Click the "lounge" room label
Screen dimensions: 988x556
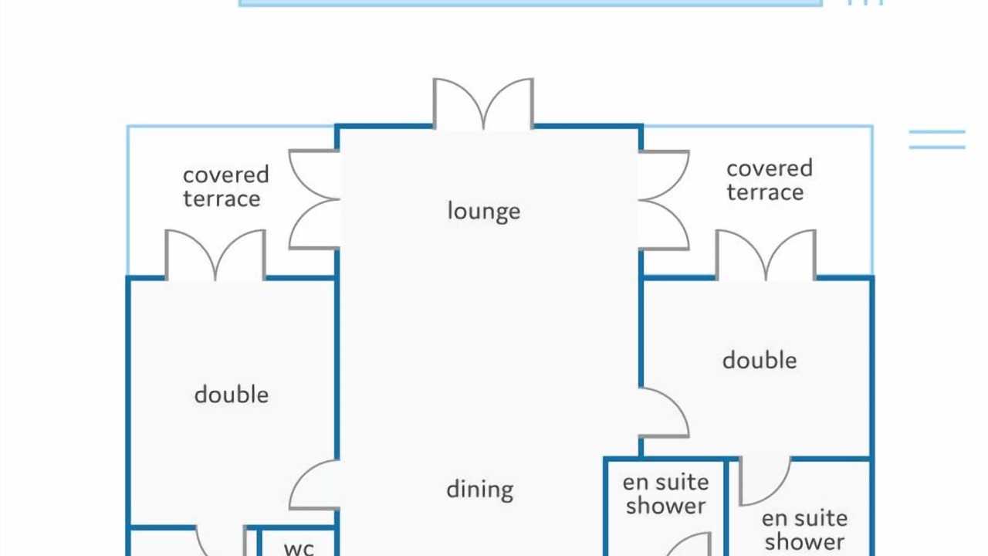pyautogui.click(x=484, y=211)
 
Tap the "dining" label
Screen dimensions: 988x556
pyautogui.click(x=480, y=490)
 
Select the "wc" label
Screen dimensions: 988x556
pyautogui.click(x=299, y=548)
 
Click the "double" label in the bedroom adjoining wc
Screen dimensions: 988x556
pyautogui.click(x=231, y=395)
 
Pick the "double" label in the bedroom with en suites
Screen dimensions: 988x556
pyautogui.click(x=760, y=361)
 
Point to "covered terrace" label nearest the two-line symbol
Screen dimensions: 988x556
pyautogui.click(x=770, y=181)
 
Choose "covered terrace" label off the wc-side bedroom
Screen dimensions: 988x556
pyautogui.click(x=226, y=187)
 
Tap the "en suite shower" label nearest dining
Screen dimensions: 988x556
pyautogui.click(x=665, y=495)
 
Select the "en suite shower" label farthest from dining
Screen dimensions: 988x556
pyautogui.click(x=804, y=531)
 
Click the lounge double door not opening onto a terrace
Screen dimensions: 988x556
pyautogui.click(x=483, y=104)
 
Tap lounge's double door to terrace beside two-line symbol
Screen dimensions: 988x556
pyautogui.click(x=664, y=200)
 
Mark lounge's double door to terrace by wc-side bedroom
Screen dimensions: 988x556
pyautogui.click(x=314, y=199)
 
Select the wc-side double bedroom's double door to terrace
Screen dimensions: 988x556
pyautogui.click(x=215, y=255)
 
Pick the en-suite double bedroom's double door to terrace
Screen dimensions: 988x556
pyautogui.click(x=766, y=255)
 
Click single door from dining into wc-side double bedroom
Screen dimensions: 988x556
pyautogui.click(x=314, y=484)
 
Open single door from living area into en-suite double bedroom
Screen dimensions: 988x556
pyautogui.click(x=664, y=413)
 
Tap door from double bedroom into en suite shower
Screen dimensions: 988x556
pyautogui.click(x=765, y=481)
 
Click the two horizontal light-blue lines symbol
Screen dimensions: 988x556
pyautogui.click(x=937, y=140)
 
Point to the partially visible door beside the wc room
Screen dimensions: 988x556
pyautogui.click(x=221, y=541)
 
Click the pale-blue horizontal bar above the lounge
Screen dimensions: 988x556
pyautogui.click(x=530, y=3)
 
